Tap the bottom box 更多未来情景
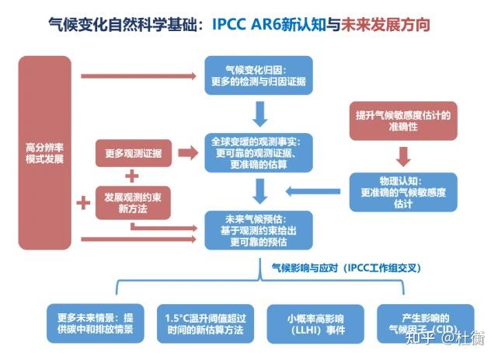coord(95,323)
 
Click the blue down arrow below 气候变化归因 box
coord(261,113)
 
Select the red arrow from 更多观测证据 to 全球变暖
coord(186,153)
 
